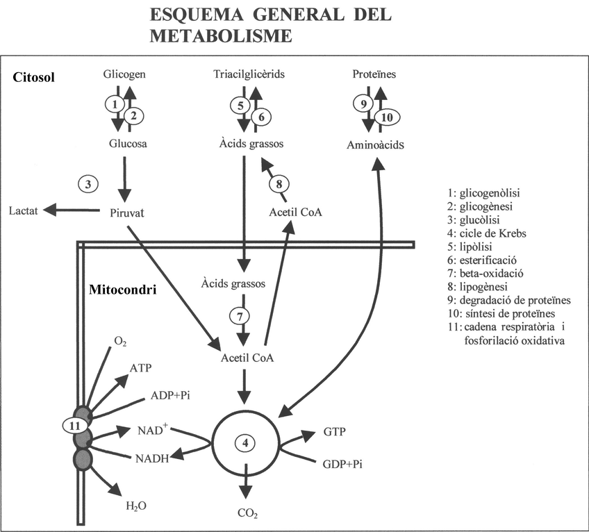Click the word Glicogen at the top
coord(124,74)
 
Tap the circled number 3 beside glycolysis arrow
coord(88,184)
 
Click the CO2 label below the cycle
coord(247,515)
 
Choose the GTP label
coord(334,431)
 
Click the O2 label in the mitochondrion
coord(120,340)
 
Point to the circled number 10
coord(387,118)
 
